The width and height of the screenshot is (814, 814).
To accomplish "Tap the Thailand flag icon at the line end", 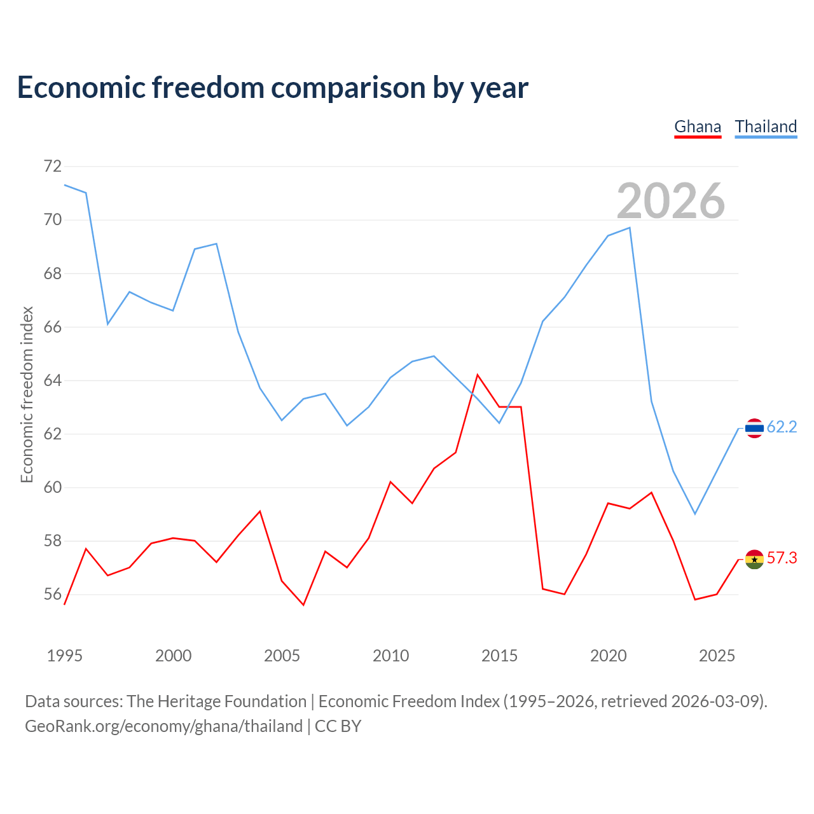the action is pos(754,428).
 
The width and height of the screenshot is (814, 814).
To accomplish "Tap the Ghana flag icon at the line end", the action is pos(754,559).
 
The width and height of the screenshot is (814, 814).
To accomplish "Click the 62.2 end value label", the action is pos(782,427).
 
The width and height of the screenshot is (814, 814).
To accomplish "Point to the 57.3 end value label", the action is pos(782,558).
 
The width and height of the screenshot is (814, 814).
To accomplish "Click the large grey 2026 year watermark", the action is pos(671,201).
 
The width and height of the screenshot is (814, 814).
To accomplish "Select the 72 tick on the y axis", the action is pos(52,167).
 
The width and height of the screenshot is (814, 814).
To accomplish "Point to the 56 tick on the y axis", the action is pos(52,595).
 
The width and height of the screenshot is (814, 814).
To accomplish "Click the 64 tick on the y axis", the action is pos(52,380).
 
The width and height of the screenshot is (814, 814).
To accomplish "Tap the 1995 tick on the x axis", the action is pos(64,656).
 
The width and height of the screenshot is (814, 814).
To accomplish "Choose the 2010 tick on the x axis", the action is pos(390,656).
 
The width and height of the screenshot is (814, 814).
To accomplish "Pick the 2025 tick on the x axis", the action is pos(717,656).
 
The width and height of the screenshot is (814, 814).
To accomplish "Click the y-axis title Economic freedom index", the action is pos(27,394).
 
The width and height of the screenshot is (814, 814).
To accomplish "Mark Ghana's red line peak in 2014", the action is pos(478,375).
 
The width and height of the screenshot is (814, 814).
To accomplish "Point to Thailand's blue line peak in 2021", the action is pos(630,228).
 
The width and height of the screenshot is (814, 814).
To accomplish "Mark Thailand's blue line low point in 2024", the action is pos(695,514).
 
